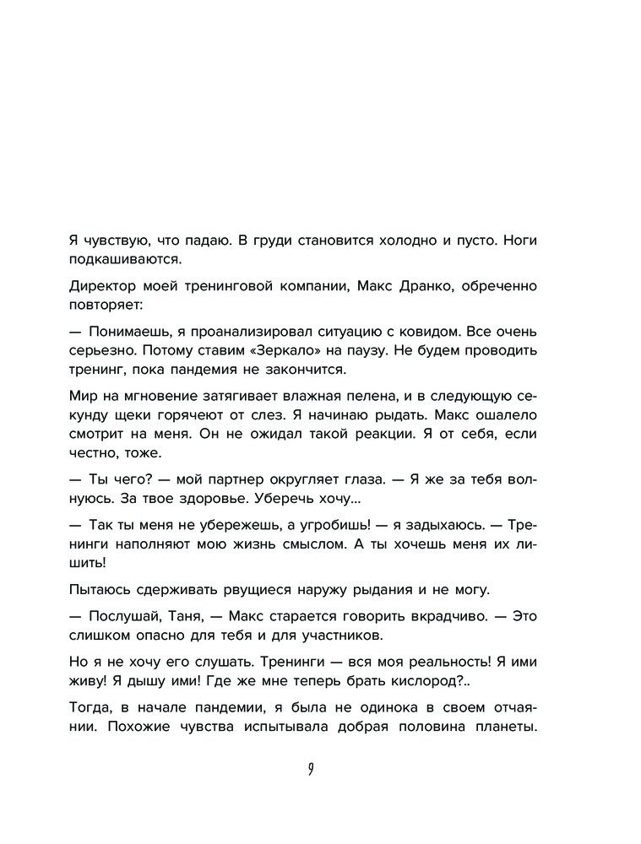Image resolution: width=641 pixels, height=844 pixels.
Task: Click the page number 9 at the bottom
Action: point(312,769)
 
